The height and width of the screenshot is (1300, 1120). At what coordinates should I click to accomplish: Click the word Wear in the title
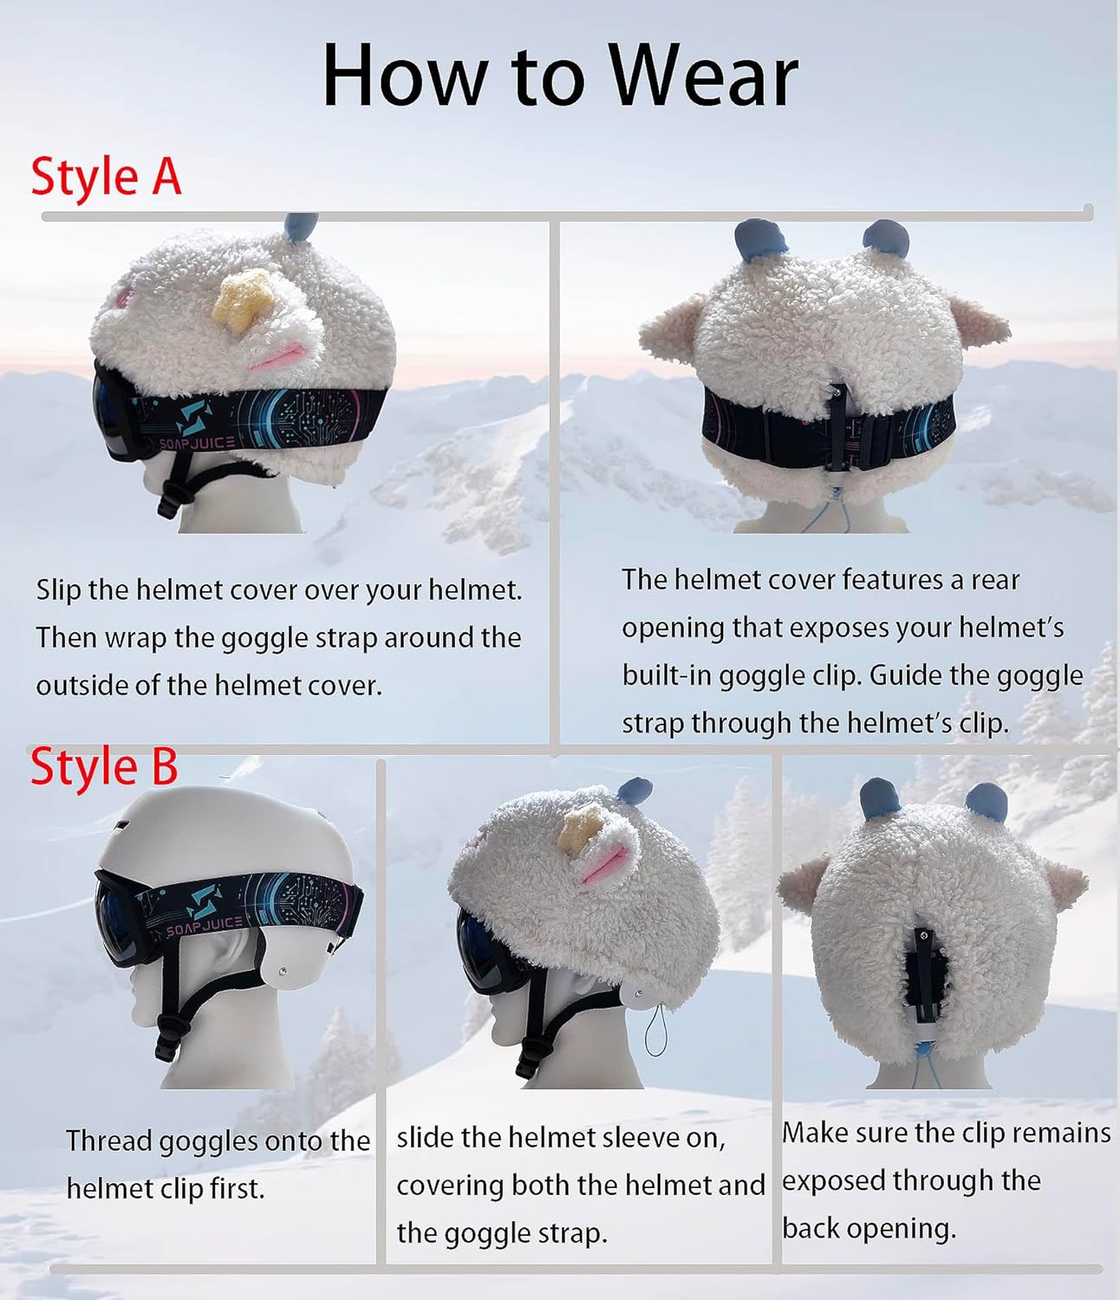[x=702, y=76]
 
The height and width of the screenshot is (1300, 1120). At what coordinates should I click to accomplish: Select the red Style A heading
[x=106, y=177]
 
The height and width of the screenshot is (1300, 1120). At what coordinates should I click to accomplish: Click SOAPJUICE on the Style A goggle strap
[x=197, y=443]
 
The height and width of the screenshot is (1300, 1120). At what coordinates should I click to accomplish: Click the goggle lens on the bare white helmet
[x=117, y=919]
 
